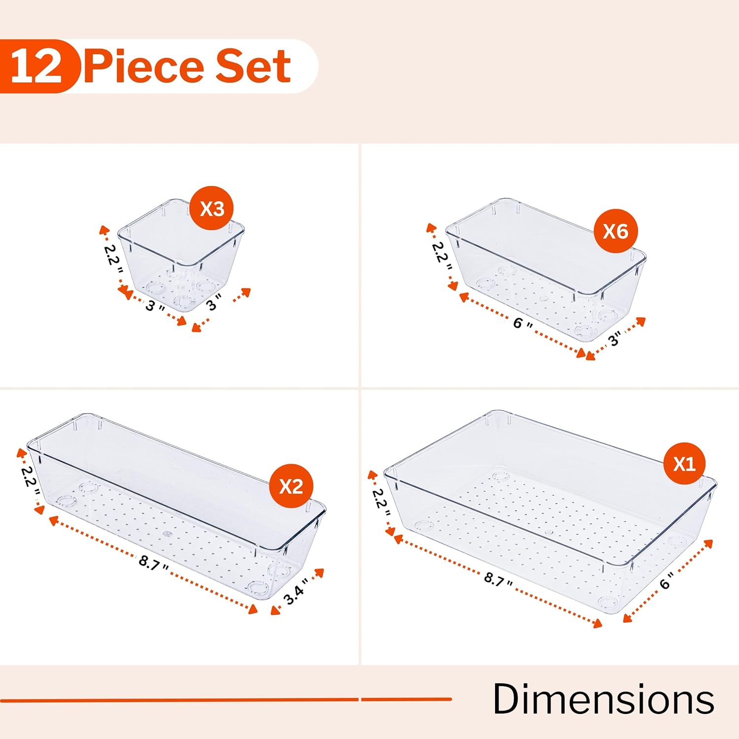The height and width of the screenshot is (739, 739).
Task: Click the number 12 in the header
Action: coord(36,67)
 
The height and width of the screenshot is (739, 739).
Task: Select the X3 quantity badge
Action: coord(212,208)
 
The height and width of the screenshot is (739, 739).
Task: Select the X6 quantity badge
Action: coord(615,231)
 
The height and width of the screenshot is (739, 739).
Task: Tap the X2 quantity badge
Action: coord(291,486)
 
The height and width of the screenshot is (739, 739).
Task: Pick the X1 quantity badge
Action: coord(684,464)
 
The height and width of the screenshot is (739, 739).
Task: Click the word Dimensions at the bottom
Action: coord(603,699)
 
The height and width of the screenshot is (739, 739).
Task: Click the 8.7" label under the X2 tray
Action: coord(153,562)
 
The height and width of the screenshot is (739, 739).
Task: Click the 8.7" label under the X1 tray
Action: coord(498,579)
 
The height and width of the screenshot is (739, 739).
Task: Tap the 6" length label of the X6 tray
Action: coord(523,324)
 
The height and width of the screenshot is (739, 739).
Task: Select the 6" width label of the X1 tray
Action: coord(667,582)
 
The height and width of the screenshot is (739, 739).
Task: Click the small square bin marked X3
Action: coord(182,261)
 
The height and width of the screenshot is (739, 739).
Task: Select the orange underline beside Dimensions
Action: coord(227,699)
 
